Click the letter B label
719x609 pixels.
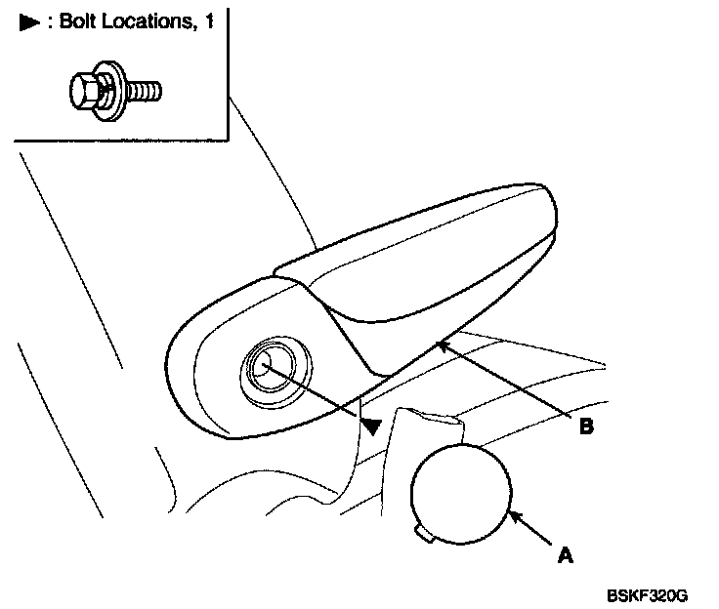587,426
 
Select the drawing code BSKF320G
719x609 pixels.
647,594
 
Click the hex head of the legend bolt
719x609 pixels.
84,92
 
